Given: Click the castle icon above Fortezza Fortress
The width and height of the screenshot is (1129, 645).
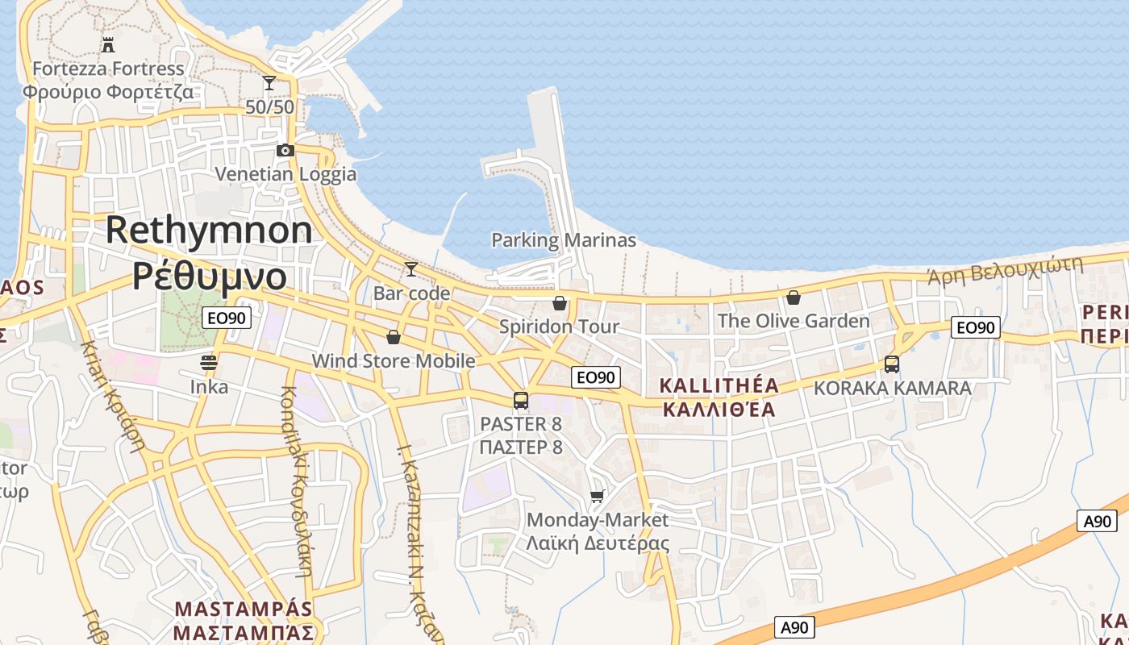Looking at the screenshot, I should coord(108,44).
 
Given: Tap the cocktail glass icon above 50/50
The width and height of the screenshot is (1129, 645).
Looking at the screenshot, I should coord(269,82).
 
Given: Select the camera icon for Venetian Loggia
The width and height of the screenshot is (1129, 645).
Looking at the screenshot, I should coord(285,150).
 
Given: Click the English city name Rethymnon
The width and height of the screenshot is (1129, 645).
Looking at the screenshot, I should coord(209,231).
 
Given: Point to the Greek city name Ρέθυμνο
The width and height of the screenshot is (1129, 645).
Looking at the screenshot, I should coord(209,276).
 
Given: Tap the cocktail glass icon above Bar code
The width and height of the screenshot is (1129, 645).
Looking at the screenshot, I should coord(411,268).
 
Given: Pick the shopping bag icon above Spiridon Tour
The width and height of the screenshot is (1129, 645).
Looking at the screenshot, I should coord(559,303).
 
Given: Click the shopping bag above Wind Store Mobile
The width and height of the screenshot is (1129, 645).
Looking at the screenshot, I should coord(394,337).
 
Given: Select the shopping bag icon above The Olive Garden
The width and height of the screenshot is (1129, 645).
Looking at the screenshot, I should coord(794,298).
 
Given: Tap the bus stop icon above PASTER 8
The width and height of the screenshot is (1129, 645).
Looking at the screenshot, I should coord(521,400).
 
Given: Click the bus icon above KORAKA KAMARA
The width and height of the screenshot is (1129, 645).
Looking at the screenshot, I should coord(892,364).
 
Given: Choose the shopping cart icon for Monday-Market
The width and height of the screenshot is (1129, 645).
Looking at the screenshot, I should coord(597,496).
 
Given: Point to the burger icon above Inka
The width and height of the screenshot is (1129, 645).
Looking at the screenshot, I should coord(209,363).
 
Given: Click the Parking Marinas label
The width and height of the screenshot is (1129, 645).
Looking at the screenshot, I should coord(564,240).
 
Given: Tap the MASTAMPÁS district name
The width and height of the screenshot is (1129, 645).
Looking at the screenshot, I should coord(244,608).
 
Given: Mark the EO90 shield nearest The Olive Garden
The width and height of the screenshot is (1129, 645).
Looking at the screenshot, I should coord(976,327).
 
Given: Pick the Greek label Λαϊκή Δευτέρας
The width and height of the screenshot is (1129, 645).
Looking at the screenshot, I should coord(598,543).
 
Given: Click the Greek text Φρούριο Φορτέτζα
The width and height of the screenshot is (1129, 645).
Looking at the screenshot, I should coord(108,91).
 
